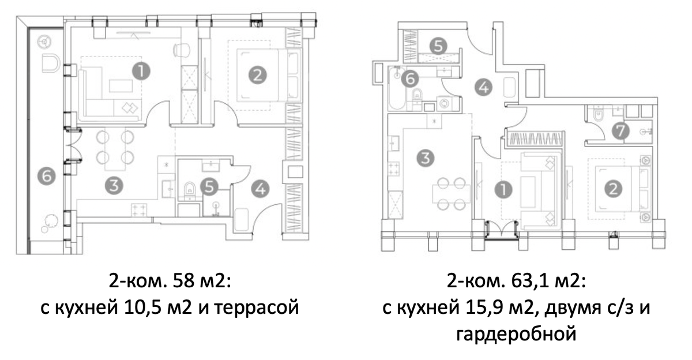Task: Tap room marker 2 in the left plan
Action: click(x=258, y=74)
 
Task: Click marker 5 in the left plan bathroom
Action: click(x=212, y=186)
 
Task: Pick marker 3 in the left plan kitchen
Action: click(x=115, y=186)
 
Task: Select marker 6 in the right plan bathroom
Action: click(x=410, y=78)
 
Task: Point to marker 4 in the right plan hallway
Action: click(x=483, y=88)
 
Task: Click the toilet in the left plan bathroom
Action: click(x=188, y=190)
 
